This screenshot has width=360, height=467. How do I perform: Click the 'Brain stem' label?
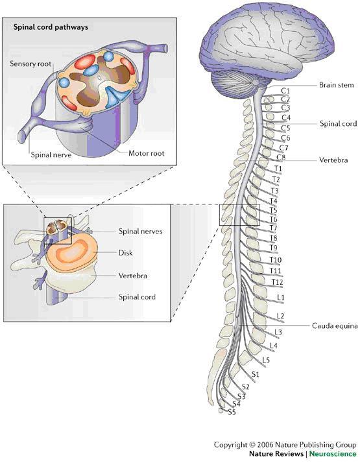click(337, 85)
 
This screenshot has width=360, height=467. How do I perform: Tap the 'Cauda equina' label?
click(335, 326)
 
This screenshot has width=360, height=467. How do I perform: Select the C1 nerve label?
click(285, 91)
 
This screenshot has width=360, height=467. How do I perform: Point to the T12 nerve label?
click(277, 282)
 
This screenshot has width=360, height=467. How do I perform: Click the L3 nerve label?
click(278, 332)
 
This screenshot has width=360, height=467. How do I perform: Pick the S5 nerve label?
click(232, 413)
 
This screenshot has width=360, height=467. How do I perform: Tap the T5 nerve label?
click(273, 210)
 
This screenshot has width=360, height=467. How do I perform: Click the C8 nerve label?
click(281, 157)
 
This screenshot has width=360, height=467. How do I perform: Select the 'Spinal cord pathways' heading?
click(51, 27)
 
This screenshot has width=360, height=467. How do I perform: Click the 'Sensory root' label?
click(30, 64)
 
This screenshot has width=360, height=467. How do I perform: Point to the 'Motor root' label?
click(146, 153)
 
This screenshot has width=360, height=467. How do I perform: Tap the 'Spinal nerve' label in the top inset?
click(51, 155)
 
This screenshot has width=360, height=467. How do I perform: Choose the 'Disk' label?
click(126, 253)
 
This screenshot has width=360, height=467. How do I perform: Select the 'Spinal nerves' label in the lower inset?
click(141, 232)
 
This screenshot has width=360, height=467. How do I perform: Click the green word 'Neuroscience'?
click(333, 454)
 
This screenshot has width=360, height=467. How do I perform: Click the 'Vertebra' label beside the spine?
click(333, 160)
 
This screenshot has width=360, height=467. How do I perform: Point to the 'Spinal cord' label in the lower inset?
click(137, 297)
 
